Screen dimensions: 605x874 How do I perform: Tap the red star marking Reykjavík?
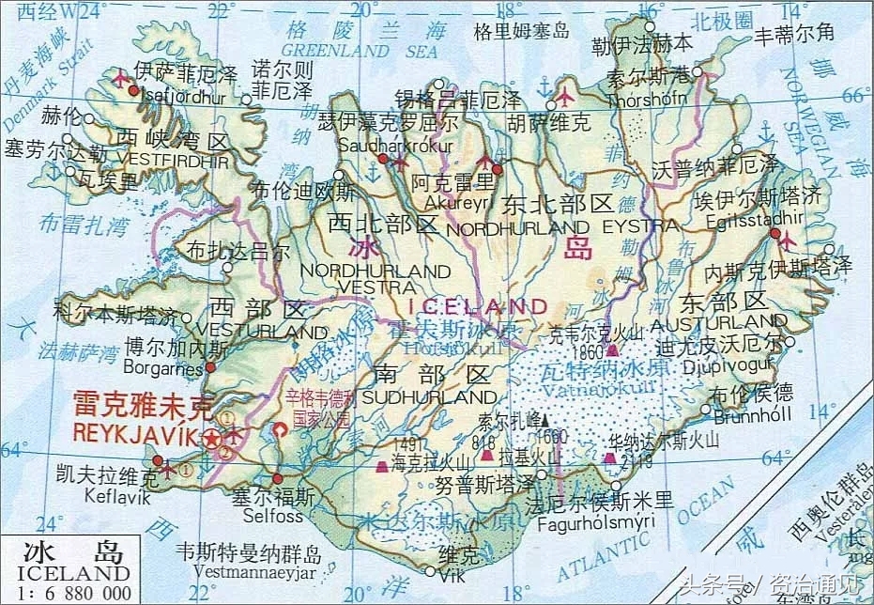tap(213, 439)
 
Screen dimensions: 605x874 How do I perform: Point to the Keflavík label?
tap(116, 498)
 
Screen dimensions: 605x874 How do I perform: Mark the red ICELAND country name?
tap(480, 306)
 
